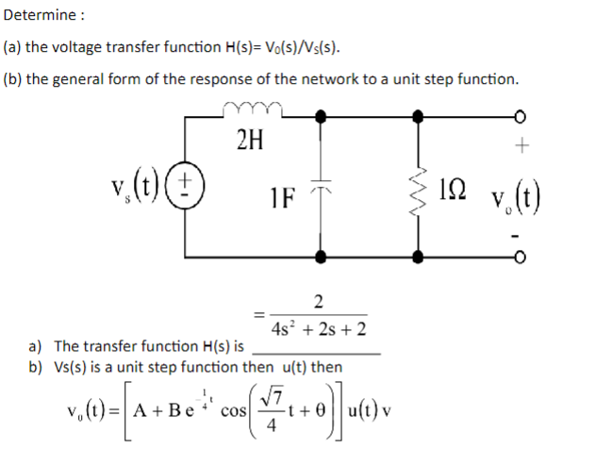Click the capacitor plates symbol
(x=323, y=187)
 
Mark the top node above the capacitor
(x=323, y=117)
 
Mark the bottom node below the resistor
(x=416, y=256)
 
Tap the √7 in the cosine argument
(x=279, y=399)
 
